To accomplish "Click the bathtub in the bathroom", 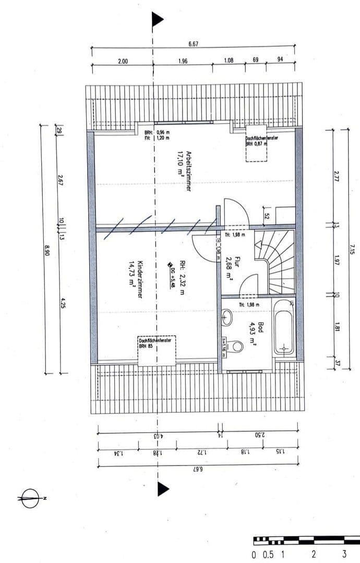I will click(284, 327).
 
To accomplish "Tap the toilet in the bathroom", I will click(236, 346).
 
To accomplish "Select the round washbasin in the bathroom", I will click(227, 315).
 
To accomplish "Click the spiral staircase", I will click(275, 263).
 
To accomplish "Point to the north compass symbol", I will click(31, 498).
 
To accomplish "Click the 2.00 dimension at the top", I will click(123, 61).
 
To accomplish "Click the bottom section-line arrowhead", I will click(163, 488).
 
